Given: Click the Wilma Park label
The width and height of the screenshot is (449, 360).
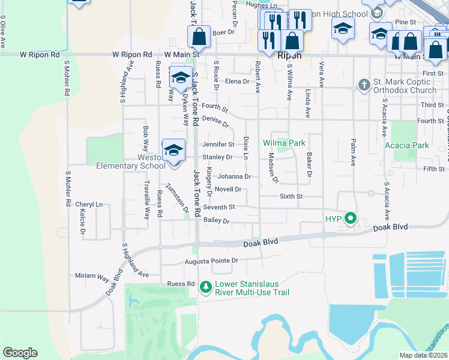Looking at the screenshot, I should click(284, 143).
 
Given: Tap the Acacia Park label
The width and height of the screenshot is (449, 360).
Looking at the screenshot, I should click(411, 145).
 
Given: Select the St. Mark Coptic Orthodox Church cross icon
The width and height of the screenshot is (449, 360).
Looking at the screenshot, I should click(364, 85).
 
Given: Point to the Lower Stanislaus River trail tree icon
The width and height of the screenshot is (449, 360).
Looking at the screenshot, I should click(206, 287).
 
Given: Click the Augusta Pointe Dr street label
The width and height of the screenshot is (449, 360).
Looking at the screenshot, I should click(211, 261).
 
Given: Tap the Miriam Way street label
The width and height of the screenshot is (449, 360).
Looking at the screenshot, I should click(92, 275).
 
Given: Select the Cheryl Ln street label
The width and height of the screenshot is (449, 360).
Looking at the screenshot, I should click(89, 205).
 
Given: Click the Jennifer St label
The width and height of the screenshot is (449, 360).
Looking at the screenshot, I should click(218, 145).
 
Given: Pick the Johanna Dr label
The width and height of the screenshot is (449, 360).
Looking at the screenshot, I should click(234, 176).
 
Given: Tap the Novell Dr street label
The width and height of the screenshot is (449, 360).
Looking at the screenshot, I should click(228, 190).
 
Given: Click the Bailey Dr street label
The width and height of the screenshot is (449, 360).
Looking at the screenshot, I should click(217, 221).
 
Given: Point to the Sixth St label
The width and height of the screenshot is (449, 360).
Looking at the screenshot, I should click(291, 196).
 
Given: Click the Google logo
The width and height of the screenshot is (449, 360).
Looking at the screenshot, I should click(20, 353).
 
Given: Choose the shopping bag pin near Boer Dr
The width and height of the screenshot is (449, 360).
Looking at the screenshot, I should click(199, 37).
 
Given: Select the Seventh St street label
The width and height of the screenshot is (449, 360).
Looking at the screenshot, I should click(219, 207).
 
